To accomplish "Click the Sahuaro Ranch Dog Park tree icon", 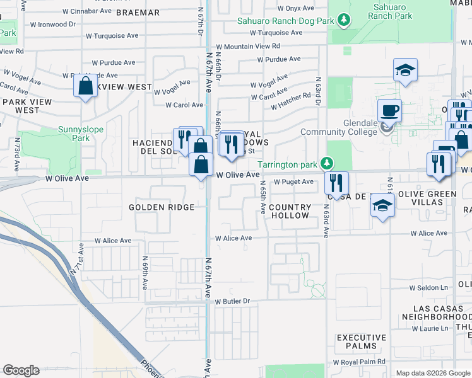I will [344, 20].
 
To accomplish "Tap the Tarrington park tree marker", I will [326, 164].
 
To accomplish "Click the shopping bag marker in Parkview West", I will [85, 86].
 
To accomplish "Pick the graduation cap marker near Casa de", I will [382, 206].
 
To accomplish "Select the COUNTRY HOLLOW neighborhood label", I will [290, 211].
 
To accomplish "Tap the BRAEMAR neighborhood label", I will [139, 13].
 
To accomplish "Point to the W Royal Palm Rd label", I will [358, 362].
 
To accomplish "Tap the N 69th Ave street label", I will [145, 272].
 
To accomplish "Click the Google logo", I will [21, 370].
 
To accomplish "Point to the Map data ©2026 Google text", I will [432, 373].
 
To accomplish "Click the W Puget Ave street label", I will [293, 182].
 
